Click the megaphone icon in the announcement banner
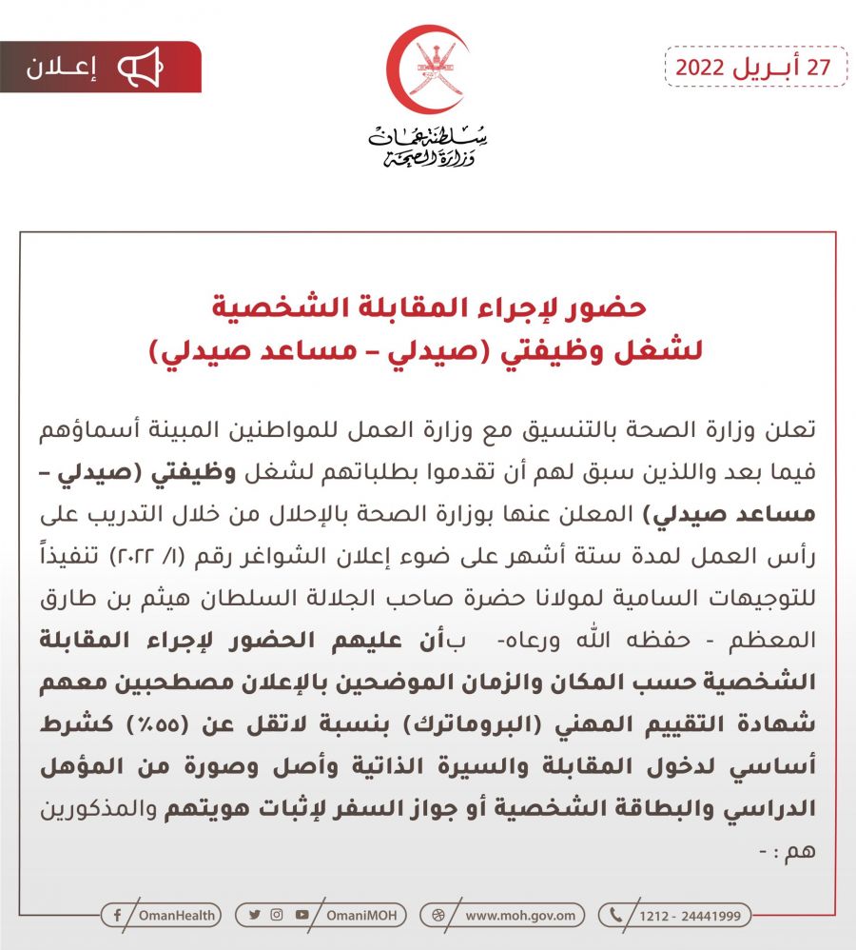pyautogui.click(x=140, y=68)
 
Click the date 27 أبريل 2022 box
pyautogui.click(x=755, y=68)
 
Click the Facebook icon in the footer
pyautogui.click(x=116, y=916)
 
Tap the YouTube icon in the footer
pyautogui.click(x=302, y=916)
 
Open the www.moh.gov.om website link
pyautogui.click(x=519, y=916)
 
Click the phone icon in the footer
pyautogui.click(x=615, y=916)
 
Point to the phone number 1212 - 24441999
pyautogui.click(x=691, y=916)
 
